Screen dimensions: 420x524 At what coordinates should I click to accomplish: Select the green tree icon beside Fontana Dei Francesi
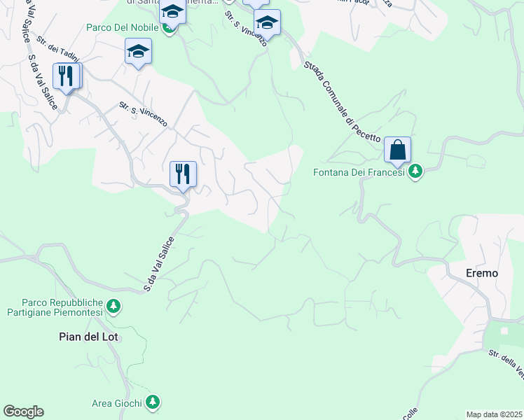click(416, 171)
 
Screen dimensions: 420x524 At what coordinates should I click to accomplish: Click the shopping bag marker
click(397, 150)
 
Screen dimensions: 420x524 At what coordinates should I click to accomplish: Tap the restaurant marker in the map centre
click(183, 174)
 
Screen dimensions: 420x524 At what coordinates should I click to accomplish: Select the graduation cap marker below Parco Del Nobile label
click(138, 52)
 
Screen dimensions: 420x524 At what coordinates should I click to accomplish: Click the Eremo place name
click(482, 273)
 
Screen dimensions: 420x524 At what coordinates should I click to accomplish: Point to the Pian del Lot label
click(89, 337)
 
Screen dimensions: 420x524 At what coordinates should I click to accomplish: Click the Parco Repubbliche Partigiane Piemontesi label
click(53, 306)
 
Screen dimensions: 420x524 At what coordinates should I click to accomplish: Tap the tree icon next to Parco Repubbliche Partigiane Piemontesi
click(113, 306)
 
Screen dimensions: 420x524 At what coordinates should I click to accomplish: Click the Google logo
click(23, 412)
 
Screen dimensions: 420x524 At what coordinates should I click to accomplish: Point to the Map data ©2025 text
click(493, 414)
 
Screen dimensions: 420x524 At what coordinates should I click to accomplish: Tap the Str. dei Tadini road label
click(59, 48)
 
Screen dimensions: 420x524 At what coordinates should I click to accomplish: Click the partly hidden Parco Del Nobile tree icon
click(168, 29)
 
